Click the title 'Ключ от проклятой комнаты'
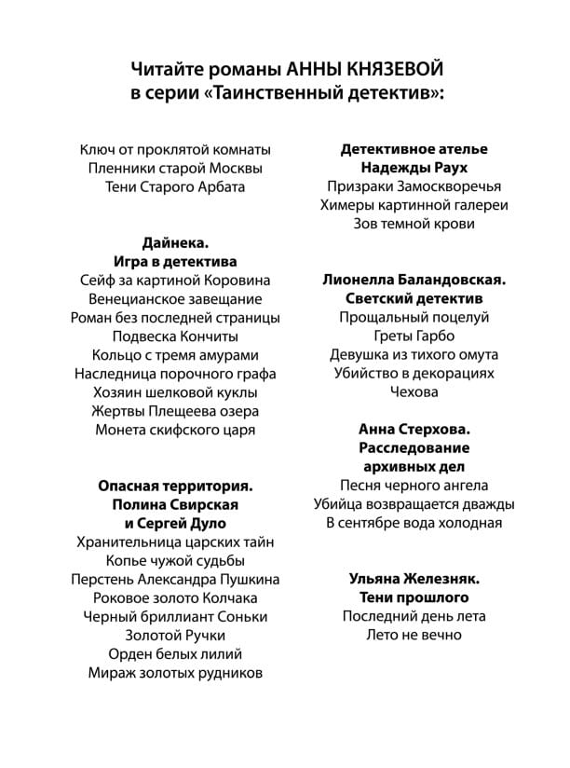point(175,149)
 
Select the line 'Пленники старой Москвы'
point(175,168)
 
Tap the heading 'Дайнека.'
point(175,243)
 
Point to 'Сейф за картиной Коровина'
point(175,281)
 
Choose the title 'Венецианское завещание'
point(175,299)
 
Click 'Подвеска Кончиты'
point(175,336)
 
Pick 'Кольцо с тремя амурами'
point(175,355)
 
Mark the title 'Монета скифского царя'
point(175,430)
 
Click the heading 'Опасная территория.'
point(175,486)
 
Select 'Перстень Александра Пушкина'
point(175,579)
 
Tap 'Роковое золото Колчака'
point(175,597)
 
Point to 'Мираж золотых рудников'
point(175,672)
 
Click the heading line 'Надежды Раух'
point(414,168)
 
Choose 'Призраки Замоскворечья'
point(414,186)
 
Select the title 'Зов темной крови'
point(414,224)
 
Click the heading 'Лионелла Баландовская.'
point(414,280)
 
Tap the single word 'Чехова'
point(414,392)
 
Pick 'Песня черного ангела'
point(414,486)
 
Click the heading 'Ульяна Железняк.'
point(414,579)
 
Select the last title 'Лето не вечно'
point(414,635)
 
